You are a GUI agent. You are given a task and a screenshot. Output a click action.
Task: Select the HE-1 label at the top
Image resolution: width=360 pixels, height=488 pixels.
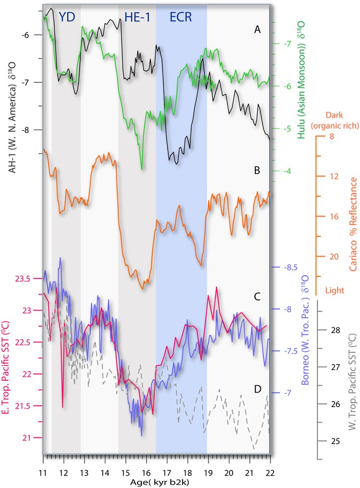tap(137, 18)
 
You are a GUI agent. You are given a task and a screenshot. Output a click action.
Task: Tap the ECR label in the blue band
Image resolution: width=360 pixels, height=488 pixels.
tap(181, 18)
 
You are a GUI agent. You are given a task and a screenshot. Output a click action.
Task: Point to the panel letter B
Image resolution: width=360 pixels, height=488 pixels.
tap(257, 171)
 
